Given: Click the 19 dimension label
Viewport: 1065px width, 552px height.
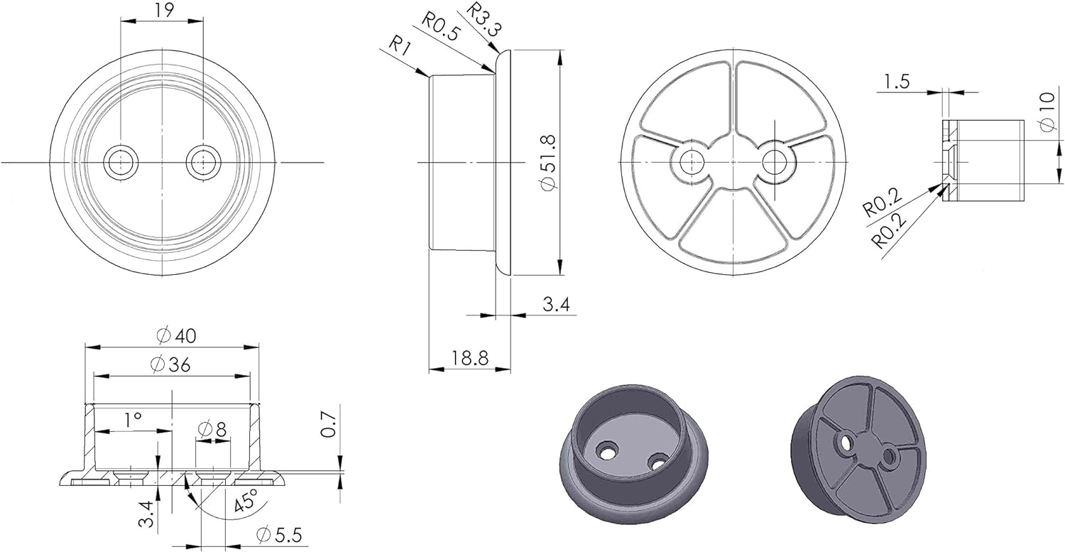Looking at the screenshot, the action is coord(164,10).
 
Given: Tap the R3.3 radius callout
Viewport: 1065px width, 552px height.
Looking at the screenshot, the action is coord(484,19).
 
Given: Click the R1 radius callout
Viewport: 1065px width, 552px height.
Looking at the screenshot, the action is coord(400,47).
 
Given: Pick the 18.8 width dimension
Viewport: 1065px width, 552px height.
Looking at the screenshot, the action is coord(470,358).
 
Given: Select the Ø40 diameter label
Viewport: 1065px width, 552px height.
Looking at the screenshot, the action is coord(176,336).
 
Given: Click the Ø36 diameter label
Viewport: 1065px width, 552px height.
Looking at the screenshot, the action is coord(170,365).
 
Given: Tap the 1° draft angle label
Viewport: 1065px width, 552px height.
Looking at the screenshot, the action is coord(133,420).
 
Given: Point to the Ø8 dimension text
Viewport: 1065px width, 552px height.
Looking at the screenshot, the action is coord(212,430).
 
